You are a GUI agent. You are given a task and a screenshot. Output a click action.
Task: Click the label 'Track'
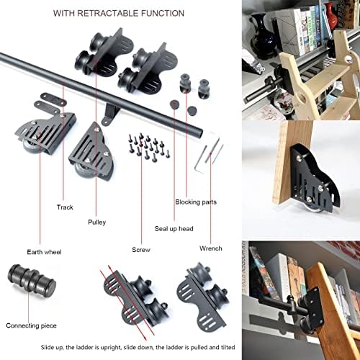click(66, 207)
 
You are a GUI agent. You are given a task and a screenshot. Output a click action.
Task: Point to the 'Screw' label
click(140, 251)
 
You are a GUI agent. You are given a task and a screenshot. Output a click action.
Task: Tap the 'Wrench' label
click(211, 248)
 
